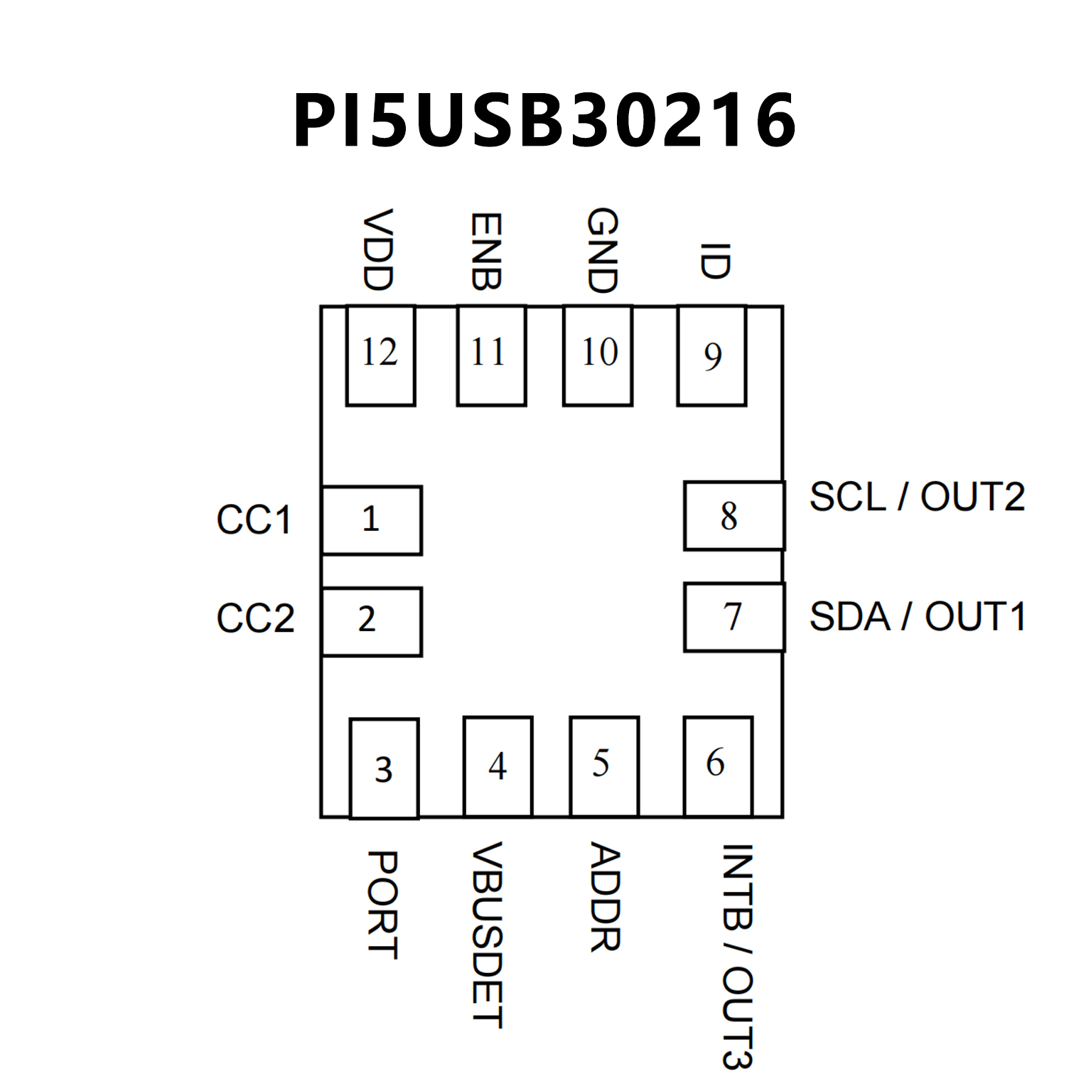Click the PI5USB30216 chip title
click(544, 121)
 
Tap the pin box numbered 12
click(380, 355)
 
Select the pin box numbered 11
click(491, 355)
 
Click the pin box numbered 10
click(598, 355)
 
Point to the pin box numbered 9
click(711, 355)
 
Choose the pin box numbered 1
click(372, 520)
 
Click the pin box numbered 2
click(372, 621)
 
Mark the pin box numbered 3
click(384, 768)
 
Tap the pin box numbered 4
click(498, 766)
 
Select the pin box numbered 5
click(604, 766)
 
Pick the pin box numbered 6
click(718, 766)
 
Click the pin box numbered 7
click(734, 617)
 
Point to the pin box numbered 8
click(734, 516)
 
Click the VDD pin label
click(377, 250)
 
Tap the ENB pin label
click(487, 252)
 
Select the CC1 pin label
click(254, 520)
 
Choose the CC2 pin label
click(255, 618)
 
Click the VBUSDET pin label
click(488, 935)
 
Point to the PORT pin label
click(382, 905)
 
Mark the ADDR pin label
click(606, 897)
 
